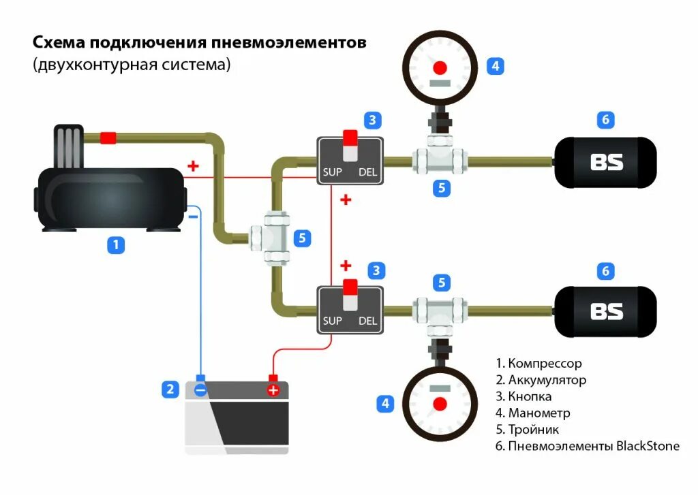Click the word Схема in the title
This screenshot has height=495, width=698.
pyautogui.click(x=59, y=43)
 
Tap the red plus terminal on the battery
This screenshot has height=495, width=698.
pyautogui.click(x=273, y=390)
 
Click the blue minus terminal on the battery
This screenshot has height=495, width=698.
pyautogui.click(x=200, y=390)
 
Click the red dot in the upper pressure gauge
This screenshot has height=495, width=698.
pyautogui.click(x=440, y=67)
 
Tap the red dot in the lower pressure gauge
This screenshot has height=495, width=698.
pyautogui.click(x=440, y=403)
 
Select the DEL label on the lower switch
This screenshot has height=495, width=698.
pyautogui.click(x=368, y=321)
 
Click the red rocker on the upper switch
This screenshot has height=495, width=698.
pyautogui.click(x=350, y=138)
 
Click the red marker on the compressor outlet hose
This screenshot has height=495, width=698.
pyautogui.click(x=108, y=138)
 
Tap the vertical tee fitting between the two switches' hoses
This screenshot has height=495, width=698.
pyautogui.click(x=277, y=237)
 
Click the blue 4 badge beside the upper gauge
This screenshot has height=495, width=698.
pyautogui.click(x=496, y=66)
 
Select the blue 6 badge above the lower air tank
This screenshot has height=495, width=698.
pyautogui.click(x=605, y=271)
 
